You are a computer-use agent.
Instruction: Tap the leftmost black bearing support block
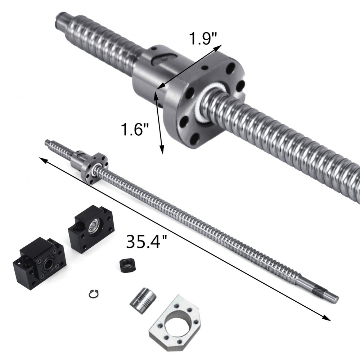pyautogui.click(x=39, y=262)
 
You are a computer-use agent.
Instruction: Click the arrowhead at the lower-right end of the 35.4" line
pyautogui.click(x=327, y=318)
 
